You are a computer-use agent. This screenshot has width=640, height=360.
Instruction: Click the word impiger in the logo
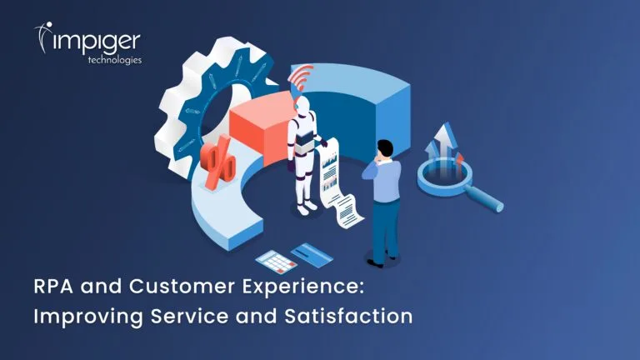(97, 42)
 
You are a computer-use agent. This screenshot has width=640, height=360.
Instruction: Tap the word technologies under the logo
(115, 60)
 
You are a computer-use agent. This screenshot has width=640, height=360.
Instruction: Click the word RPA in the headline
(53, 286)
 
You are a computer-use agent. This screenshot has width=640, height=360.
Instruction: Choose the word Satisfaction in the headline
(348, 317)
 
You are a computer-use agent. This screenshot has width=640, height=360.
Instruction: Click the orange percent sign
(218, 162)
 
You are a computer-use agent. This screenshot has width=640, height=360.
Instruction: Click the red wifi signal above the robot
(300, 77)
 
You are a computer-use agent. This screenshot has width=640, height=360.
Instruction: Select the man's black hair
(385, 147)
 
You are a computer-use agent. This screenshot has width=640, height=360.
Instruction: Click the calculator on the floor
(276, 261)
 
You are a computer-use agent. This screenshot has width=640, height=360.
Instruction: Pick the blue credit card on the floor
(312, 255)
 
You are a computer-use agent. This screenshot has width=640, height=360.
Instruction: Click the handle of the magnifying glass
(484, 199)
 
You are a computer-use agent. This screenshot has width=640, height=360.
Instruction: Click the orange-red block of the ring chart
(262, 127)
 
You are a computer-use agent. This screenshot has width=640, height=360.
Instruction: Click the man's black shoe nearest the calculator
(375, 263)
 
